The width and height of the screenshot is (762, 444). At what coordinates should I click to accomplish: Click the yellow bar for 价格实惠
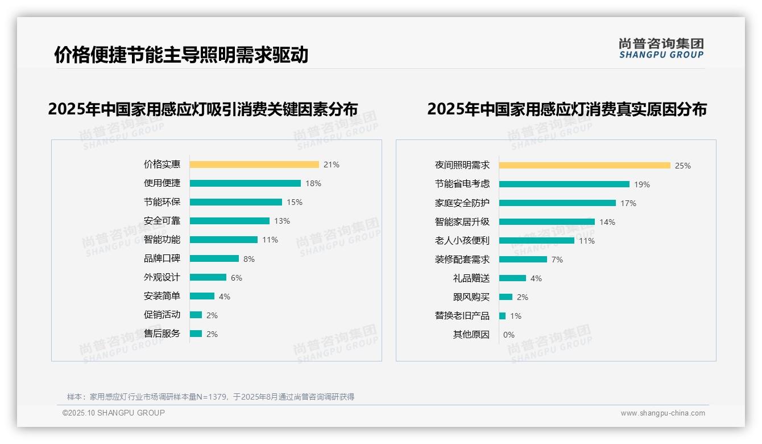[254, 165]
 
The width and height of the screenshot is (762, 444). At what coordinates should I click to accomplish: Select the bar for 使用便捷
[245, 183]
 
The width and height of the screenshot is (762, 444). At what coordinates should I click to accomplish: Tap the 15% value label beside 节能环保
[295, 202]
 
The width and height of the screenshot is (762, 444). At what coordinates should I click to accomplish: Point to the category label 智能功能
[162, 240]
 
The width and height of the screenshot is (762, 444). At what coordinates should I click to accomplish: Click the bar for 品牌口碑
[214, 258]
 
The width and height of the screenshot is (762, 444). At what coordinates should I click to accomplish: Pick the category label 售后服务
[162, 334]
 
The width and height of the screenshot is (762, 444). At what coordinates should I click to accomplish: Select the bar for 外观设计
[208, 277]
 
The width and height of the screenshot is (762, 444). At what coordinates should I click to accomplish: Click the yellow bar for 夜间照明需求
[585, 166]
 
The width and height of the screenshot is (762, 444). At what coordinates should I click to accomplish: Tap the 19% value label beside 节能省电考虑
[642, 184]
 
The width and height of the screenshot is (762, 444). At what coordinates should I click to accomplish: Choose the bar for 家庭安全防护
[557, 203]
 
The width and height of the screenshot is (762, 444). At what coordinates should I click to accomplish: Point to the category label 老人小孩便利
[462, 241]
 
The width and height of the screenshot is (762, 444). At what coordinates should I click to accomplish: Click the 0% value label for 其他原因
[509, 335]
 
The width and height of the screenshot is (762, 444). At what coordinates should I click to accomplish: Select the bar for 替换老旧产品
[503, 316]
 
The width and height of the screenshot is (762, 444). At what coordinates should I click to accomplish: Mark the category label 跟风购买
[471, 297]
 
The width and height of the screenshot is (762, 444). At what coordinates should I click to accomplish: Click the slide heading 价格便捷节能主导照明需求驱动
[181, 55]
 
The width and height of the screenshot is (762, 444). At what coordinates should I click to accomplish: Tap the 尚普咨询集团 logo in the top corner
[661, 48]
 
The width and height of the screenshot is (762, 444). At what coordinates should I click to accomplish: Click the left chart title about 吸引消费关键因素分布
[203, 109]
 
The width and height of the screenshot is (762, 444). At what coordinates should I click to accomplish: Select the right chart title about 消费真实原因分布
[566, 109]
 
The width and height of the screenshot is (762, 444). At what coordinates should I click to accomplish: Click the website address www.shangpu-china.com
[662, 413]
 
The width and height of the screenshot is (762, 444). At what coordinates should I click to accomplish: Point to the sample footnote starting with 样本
[210, 397]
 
